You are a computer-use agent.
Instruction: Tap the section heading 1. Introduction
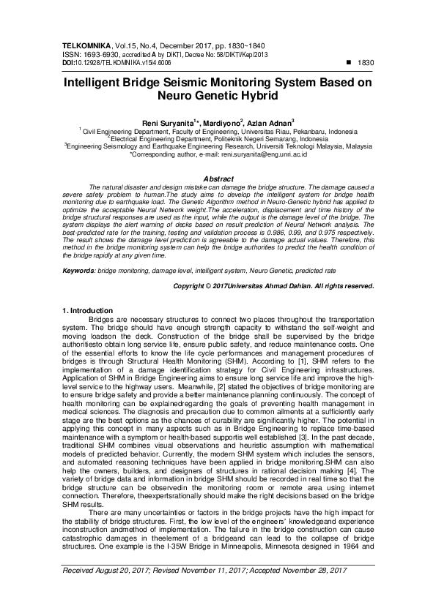click(88, 311)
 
